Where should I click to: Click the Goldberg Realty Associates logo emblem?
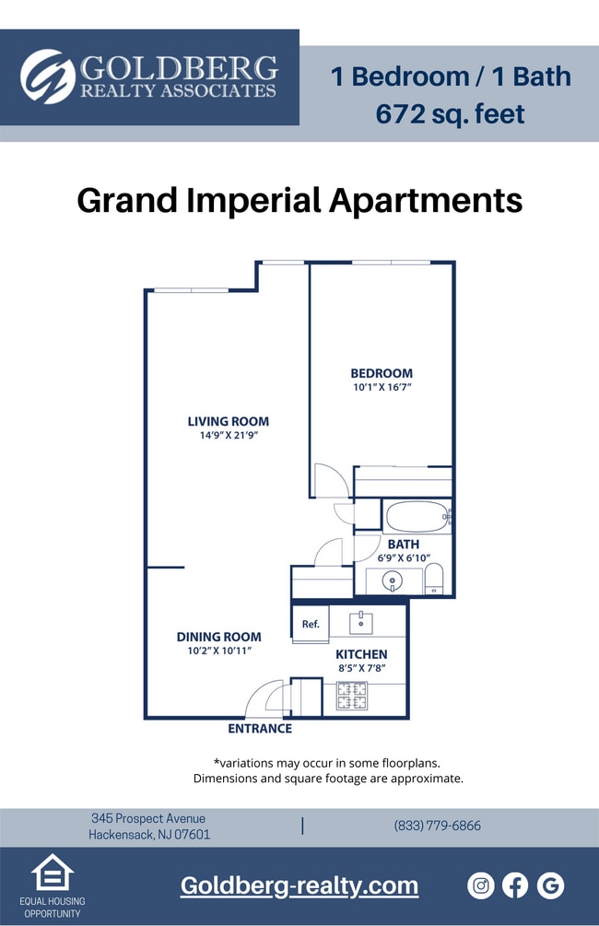tap(48, 76)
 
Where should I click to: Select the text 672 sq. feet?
tap(450, 114)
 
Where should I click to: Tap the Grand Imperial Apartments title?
tap(299, 200)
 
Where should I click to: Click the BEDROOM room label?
tap(381, 373)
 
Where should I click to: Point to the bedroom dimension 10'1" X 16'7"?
tap(381, 388)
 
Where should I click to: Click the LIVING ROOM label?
tap(229, 421)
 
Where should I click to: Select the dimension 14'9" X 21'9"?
tap(229, 436)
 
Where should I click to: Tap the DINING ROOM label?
tap(218, 637)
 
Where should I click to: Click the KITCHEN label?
tap(361, 654)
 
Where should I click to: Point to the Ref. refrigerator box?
tap(311, 624)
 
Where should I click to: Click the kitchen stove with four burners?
tap(351, 696)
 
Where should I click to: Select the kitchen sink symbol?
tap(360, 623)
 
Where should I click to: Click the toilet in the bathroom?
tap(434, 580)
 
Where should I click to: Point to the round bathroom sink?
tap(392, 582)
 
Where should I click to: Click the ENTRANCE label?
tap(260, 729)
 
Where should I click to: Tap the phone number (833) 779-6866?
tap(437, 826)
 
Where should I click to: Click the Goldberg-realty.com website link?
tap(299, 886)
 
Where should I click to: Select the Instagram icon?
tap(481, 886)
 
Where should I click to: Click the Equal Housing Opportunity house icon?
tap(52, 873)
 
